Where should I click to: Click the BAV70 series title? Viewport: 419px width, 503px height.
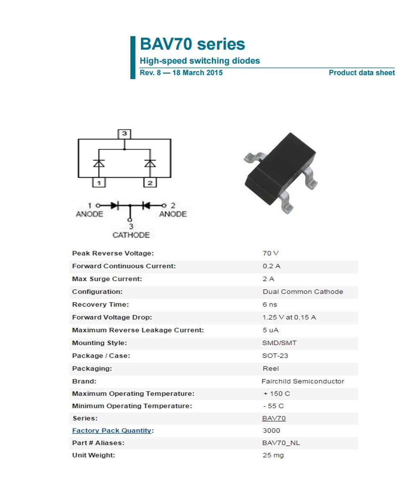tap(192, 44)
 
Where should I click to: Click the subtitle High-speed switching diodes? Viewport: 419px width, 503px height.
tap(199, 61)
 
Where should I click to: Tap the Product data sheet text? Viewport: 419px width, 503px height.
tap(362, 73)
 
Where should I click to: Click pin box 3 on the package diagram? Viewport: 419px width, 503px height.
tap(124, 134)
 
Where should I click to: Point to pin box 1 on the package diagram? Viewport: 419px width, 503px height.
tap(98, 183)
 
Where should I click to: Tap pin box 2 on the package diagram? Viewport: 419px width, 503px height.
tap(150, 183)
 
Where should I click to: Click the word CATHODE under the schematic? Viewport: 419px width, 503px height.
tap(131, 235)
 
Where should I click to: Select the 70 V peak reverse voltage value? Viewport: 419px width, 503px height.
tap(270, 253)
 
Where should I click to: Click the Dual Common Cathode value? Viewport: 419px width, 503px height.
tap(303, 292)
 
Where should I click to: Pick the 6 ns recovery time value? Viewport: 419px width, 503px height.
tap(270, 304)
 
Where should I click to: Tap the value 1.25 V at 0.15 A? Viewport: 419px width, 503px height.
tap(289, 317)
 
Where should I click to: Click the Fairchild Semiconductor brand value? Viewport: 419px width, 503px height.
tap(303, 381)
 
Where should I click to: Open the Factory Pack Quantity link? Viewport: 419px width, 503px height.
tap(111, 430)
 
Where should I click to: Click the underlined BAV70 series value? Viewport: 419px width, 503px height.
tap(274, 418)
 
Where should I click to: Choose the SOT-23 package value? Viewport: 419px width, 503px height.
tap(275, 356)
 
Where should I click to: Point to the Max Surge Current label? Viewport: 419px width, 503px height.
tap(107, 279)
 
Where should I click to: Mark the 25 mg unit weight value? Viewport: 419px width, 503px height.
tap(273, 455)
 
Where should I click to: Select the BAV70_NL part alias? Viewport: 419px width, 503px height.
tap(281, 443)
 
